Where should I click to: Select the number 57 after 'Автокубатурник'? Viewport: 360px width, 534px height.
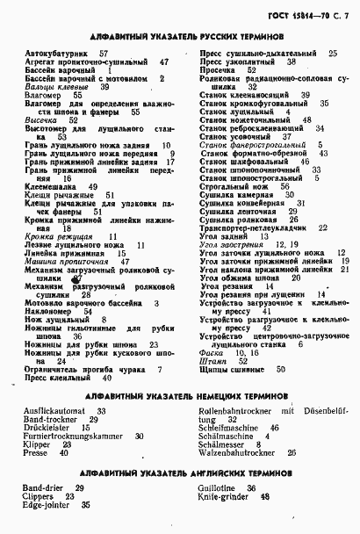(104, 54)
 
